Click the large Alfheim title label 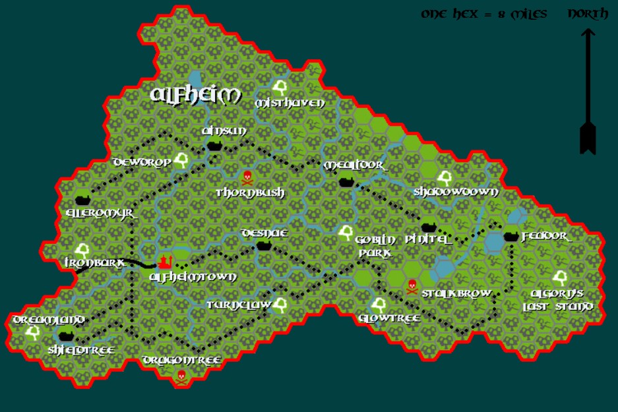[x=196, y=96]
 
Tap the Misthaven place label [x=290, y=103]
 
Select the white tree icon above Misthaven [x=280, y=87]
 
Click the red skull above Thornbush [x=247, y=177]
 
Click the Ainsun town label [x=224, y=131]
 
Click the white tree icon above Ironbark [x=82, y=250]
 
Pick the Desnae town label [x=264, y=233]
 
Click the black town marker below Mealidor [x=345, y=181]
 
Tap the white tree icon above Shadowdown [x=444, y=177]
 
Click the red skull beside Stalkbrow [x=412, y=285]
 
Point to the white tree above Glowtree [x=378, y=305]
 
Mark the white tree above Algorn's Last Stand [x=561, y=278]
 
